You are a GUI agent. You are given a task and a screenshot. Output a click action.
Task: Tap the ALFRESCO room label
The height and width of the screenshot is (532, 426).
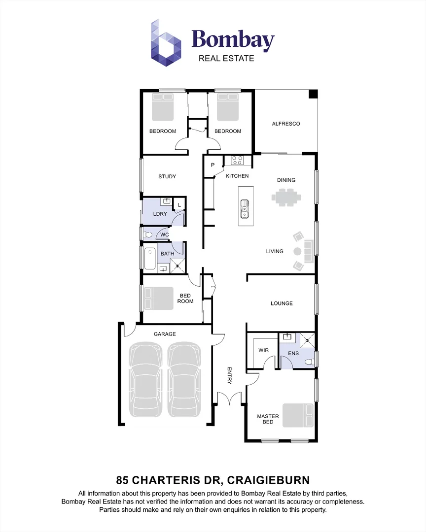pos(286,124)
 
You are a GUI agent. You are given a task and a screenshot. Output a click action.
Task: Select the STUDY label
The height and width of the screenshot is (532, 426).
pos(167,176)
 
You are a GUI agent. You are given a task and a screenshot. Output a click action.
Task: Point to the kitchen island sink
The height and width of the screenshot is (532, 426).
pos(244,209)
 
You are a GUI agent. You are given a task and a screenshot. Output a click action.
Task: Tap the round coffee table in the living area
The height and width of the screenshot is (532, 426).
pos(297,251)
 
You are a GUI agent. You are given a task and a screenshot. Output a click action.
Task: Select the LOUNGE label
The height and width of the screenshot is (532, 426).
pos(282,303)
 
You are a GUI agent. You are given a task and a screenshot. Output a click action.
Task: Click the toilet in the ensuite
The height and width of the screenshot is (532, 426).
pos(308,362)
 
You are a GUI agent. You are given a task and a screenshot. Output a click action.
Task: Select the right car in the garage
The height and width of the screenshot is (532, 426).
pos(185,379)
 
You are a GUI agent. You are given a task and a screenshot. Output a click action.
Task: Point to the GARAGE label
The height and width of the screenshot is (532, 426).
pos(165,334)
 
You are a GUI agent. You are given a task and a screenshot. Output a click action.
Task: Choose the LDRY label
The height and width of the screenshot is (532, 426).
pos(160,214)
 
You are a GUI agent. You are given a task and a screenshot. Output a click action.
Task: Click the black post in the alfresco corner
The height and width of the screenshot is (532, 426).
pos(313,95)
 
